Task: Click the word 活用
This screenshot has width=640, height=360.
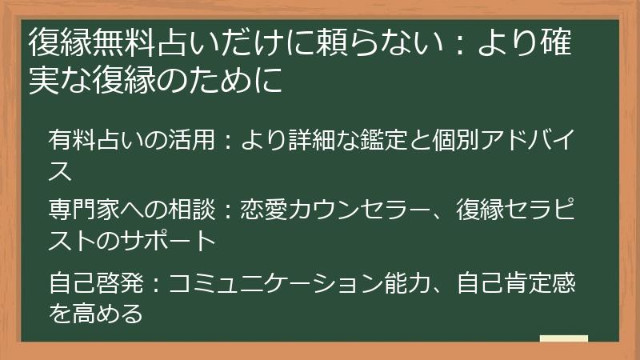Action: click(x=192, y=139)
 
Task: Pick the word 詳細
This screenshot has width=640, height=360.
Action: click(x=312, y=139)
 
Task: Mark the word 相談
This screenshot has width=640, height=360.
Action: click(x=192, y=210)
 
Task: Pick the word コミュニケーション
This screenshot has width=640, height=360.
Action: click(x=276, y=283)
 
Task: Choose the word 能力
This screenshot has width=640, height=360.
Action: click(x=408, y=283)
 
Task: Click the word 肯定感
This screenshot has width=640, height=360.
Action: click(x=540, y=283)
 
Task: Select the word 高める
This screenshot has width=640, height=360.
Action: click(x=108, y=314)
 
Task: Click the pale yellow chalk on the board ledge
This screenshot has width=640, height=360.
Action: click(x=564, y=338)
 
